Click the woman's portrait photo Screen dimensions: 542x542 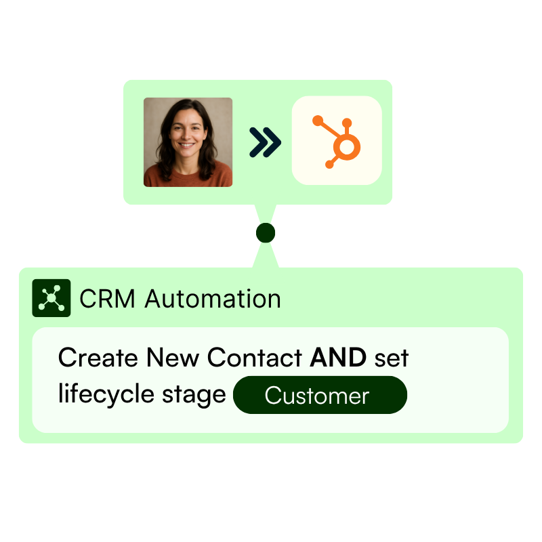[x=188, y=142]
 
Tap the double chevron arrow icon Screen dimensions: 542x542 [x=264, y=142]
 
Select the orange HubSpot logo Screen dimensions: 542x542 [x=337, y=141]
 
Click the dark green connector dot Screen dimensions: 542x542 [x=266, y=233]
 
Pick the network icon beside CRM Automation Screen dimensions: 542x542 [x=51, y=298]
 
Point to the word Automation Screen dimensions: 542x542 [x=213, y=299]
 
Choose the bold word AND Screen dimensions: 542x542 [x=338, y=358]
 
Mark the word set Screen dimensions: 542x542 [x=392, y=358]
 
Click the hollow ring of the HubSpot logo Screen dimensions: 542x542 [x=348, y=147]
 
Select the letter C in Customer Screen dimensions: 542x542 [x=272, y=396]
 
